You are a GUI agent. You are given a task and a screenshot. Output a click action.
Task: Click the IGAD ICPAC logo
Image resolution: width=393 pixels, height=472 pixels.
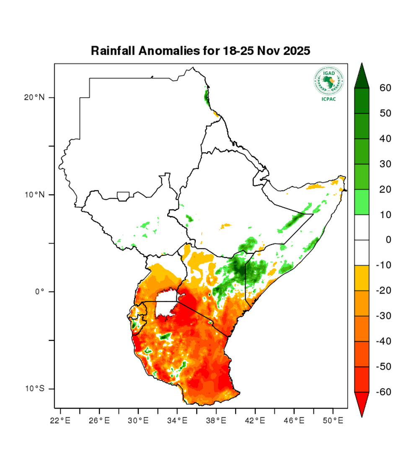(328, 83)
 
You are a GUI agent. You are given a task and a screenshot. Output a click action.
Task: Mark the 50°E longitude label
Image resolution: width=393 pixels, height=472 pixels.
(333, 420)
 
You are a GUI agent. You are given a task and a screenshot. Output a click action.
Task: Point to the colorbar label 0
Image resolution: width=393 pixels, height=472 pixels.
(388, 240)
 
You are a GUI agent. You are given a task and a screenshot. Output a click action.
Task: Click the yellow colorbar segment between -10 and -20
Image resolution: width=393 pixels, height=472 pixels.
(362, 278)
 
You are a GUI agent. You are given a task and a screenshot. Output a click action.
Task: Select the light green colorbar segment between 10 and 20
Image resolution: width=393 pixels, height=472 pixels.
(362, 202)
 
